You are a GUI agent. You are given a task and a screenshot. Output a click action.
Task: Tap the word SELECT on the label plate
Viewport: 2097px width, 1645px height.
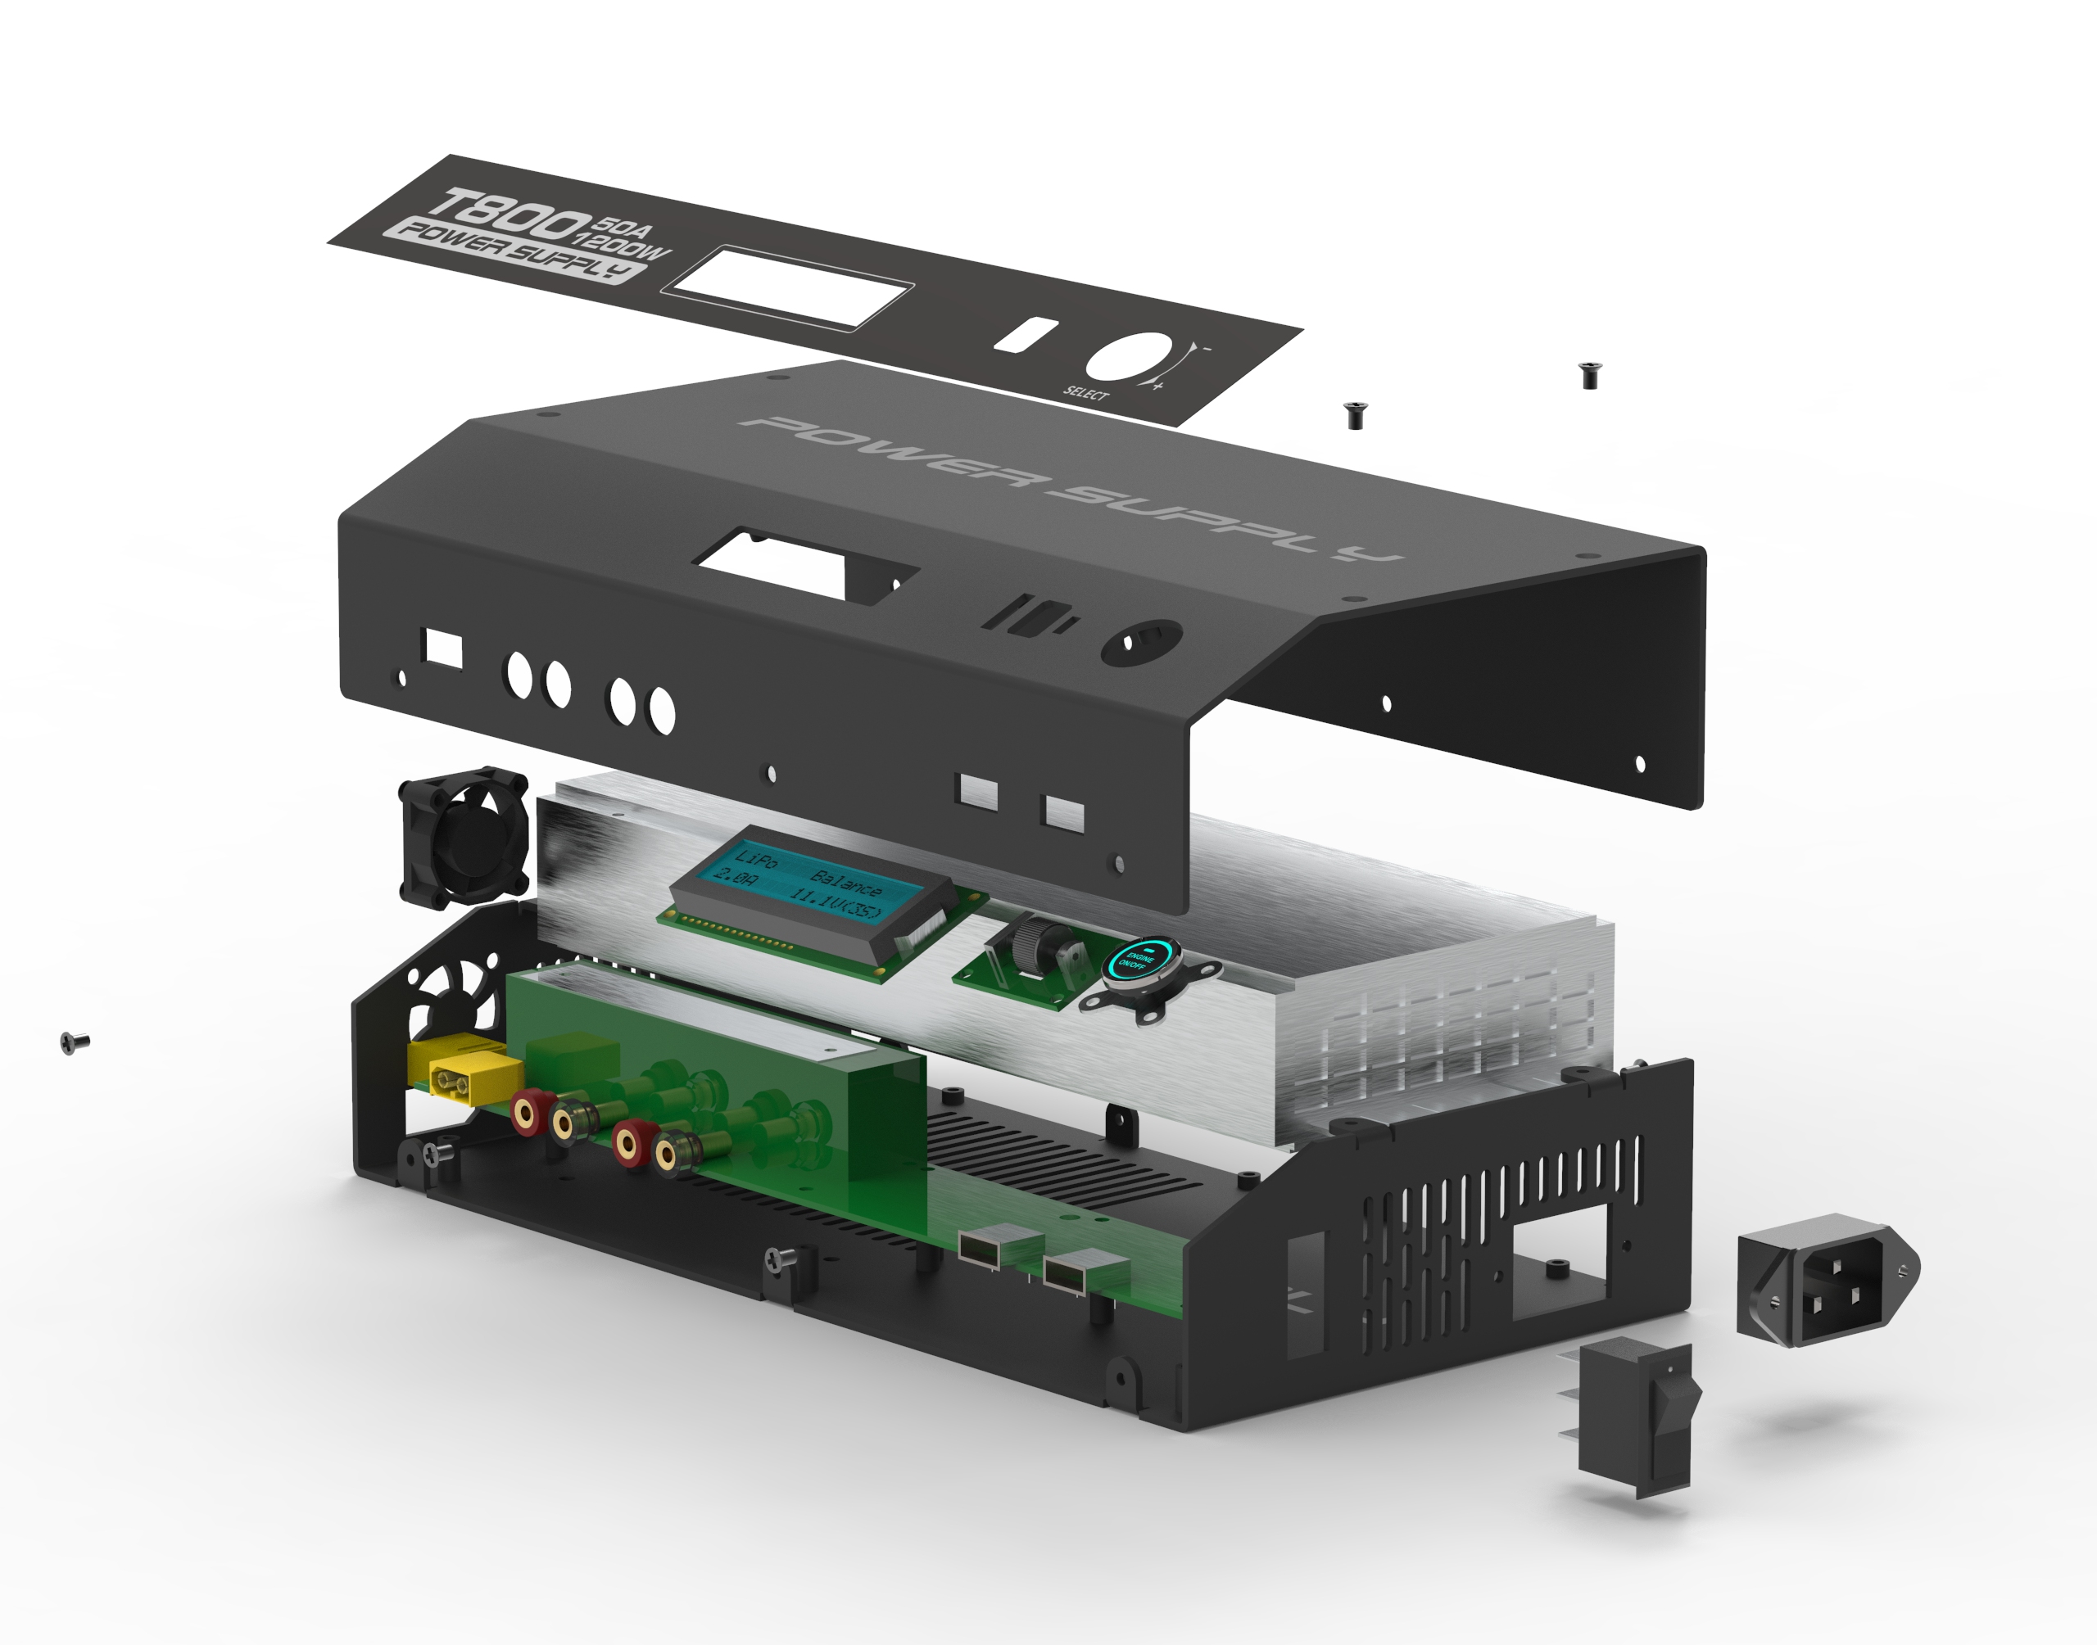coord(1085,392)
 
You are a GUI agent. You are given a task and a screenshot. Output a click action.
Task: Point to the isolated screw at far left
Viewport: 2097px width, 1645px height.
coord(72,1042)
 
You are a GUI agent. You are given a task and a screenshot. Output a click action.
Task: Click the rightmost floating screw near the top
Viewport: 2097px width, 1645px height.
coord(1588,373)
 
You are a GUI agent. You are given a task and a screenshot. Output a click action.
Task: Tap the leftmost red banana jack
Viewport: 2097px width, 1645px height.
coord(525,1114)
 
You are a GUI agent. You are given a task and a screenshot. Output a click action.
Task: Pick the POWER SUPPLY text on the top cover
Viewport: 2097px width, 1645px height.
coord(1069,487)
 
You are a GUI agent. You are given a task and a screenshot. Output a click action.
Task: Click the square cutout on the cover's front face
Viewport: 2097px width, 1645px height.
coord(443,649)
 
